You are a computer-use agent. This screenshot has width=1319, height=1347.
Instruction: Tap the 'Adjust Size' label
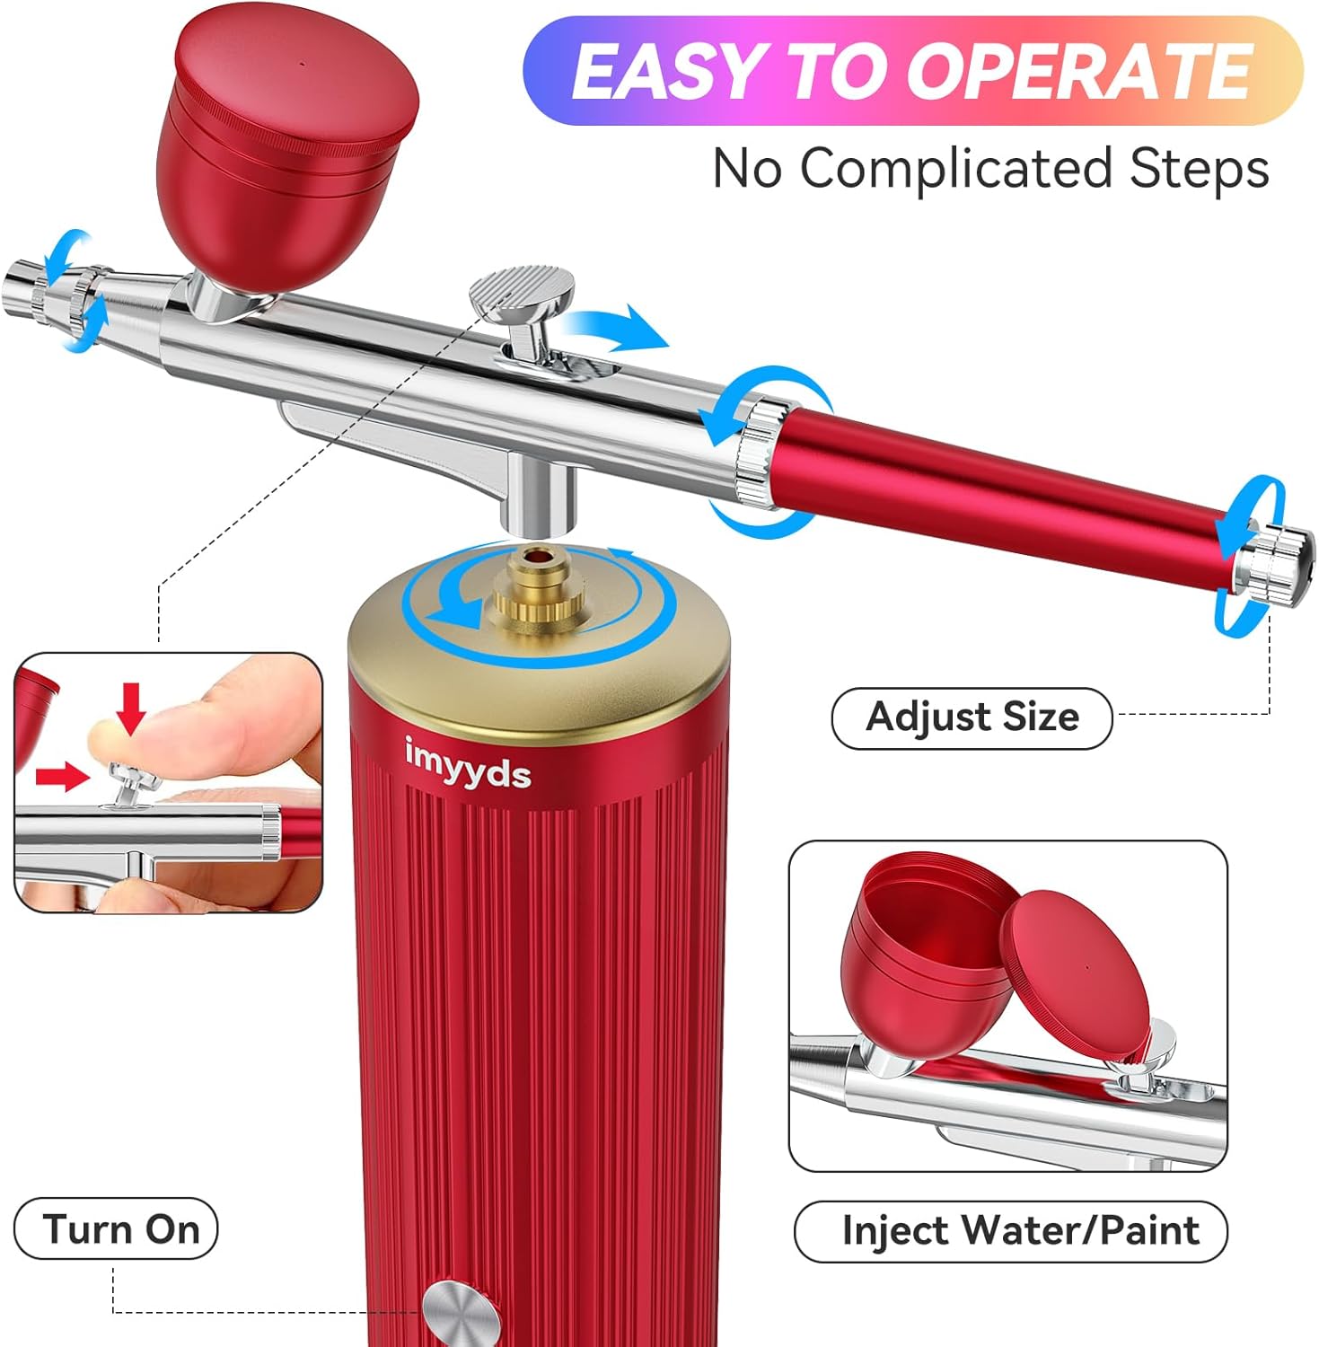972,718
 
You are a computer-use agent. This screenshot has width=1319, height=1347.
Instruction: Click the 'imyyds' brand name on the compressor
467,764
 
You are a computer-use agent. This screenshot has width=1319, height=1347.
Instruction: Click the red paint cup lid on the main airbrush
297,81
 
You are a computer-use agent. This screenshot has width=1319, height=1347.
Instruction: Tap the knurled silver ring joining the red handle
759,453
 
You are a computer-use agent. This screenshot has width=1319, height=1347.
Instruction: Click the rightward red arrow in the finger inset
61,777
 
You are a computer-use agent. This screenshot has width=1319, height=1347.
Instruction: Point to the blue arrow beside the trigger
620,328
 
